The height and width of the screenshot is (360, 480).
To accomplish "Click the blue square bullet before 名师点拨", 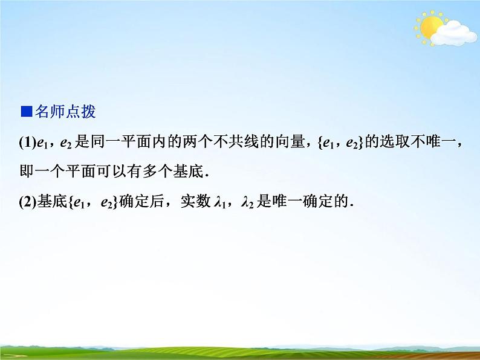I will pyautogui.click(x=25, y=112).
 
